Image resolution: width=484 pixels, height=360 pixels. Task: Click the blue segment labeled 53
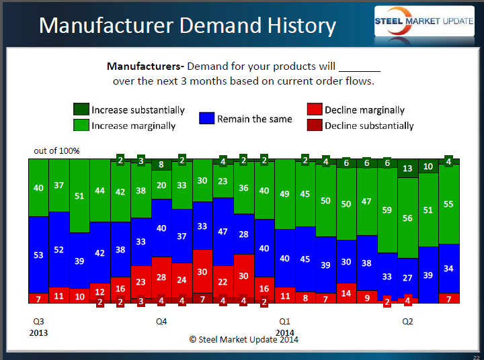(38, 255)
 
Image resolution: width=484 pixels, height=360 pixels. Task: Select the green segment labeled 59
(387, 210)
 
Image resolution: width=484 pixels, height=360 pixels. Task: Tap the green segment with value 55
(448, 204)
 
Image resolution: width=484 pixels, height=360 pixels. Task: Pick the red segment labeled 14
(346, 293)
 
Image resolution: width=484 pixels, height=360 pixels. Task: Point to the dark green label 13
(407, 169)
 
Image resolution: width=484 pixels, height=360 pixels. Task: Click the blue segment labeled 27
(407, 277)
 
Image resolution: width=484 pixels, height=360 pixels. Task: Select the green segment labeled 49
(284, 194)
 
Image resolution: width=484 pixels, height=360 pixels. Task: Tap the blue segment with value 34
(448, 268)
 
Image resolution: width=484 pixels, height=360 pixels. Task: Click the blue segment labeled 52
(59, 249)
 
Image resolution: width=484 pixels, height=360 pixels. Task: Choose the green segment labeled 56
(407, 218)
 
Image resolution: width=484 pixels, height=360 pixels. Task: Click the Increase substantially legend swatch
(81, 109)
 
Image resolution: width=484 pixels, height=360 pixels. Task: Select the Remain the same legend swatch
(206, 118)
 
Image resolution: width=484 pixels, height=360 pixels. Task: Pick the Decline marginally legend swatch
(314, 109)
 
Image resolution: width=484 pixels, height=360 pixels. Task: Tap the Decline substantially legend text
(369, 126)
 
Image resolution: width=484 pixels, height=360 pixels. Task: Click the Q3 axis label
(38, 322)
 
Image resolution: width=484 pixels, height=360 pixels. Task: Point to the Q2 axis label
(407, 322)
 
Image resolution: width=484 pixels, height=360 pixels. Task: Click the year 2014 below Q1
(284, 332)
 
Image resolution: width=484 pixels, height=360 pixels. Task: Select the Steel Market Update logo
(424, 22)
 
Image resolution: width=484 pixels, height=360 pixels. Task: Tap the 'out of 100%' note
(56, 150)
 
